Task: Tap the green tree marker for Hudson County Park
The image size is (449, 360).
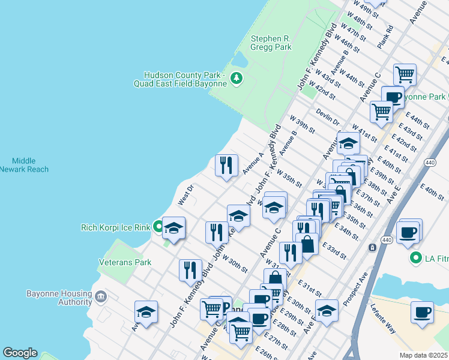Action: (237, 77)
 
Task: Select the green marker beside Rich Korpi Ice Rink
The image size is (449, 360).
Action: (158, 227)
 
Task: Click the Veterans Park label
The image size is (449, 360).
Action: (125, 262)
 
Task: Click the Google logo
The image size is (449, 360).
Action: (20, 353)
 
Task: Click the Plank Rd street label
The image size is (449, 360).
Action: (385, 37)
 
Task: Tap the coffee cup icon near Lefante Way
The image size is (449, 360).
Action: (422, 313)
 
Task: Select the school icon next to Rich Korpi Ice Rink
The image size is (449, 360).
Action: (174, 227)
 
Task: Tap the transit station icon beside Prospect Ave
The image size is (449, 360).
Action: (372, 247)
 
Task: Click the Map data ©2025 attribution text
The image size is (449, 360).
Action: (423, 355)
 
